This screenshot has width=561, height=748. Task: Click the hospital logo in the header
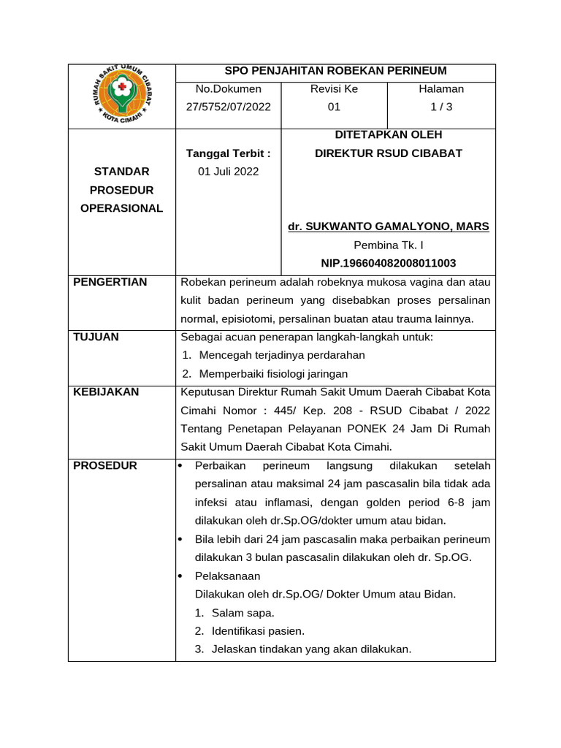pos(121,95)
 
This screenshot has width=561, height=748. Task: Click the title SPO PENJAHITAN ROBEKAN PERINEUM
pos(335,71)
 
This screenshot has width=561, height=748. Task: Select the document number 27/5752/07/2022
pos(228,107)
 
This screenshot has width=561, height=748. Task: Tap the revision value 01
pos(334,107)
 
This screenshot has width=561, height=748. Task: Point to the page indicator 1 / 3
pos(441,107)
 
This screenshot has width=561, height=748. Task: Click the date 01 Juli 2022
pos(228,172)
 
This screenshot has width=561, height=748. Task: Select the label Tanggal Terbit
pos(228,153)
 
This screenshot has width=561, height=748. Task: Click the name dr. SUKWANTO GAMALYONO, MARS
pos(389,226)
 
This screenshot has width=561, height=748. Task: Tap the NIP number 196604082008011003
pos(389,263)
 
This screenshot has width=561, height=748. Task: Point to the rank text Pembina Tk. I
pos(389,245)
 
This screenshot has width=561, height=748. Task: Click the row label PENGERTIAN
pos(110,282)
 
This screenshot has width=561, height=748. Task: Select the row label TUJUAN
pos(97,337)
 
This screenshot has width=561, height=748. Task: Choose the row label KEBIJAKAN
pos(107,392)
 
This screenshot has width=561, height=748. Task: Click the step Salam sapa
pos(243,612)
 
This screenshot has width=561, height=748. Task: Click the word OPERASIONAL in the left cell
pos(121,208)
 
